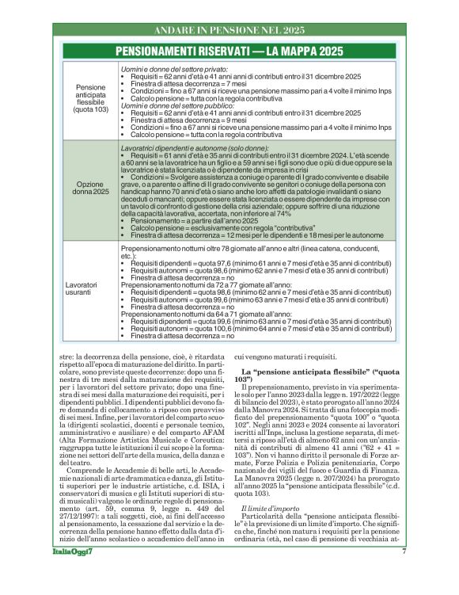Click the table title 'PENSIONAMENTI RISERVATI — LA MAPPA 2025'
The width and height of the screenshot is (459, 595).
[229, 51]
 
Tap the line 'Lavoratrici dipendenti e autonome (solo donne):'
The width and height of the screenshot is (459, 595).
[194, 148]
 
